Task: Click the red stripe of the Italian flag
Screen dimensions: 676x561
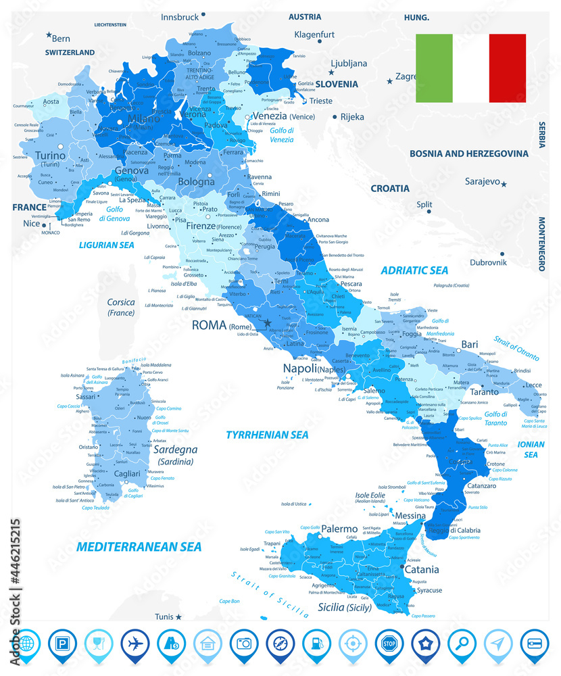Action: tap(508, 68)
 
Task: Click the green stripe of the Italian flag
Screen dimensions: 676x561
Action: tap(434, 68)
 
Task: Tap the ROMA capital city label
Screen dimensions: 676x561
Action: tap(209, 325)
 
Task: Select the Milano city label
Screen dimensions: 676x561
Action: tap(143, 119)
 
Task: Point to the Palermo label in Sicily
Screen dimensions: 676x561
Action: tap(339, 529)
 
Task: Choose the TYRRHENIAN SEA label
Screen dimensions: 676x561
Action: tap(267, 435)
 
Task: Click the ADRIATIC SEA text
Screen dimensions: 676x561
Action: tap(414, 270)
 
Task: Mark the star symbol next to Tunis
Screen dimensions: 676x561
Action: tap(178, 617)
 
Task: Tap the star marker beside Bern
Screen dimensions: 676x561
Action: tap(49, 35)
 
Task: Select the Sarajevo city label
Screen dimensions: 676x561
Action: tap(481, 182)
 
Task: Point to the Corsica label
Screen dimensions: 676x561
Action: tap(120, 302)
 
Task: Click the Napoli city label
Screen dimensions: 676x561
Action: tap(299, 368)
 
